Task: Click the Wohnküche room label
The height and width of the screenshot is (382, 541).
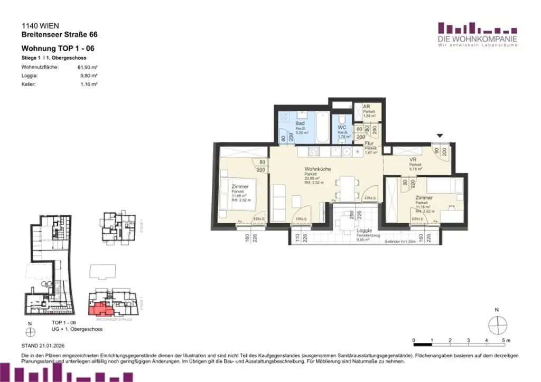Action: pyautogui.click(x=318, y=169)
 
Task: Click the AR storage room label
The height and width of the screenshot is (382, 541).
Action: pyautogui.click(x=367, y=107)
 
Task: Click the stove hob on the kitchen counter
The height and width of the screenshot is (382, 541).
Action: pyautogui.click(x=312, y=152)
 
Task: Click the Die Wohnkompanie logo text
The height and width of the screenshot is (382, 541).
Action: pyautogui.click(x=477, y=40)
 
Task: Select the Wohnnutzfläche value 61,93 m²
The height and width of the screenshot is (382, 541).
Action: pyautogui.click(x=88, y=68)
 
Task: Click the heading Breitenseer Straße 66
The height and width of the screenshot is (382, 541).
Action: pyautogui.click(x=59, y=35)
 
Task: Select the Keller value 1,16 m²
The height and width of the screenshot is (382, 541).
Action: pyautogui.click(x=88, y=84)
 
